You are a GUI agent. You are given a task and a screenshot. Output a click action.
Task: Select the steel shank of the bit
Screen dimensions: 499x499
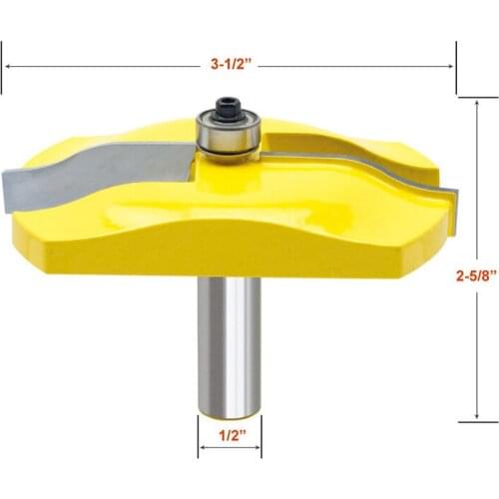[230, 339]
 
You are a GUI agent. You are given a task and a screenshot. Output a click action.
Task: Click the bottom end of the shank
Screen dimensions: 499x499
[230, 414]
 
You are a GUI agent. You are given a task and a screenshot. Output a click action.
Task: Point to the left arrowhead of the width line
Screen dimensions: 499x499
[8, 64]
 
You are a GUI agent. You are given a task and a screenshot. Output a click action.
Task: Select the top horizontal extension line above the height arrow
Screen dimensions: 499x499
[477, 97]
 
